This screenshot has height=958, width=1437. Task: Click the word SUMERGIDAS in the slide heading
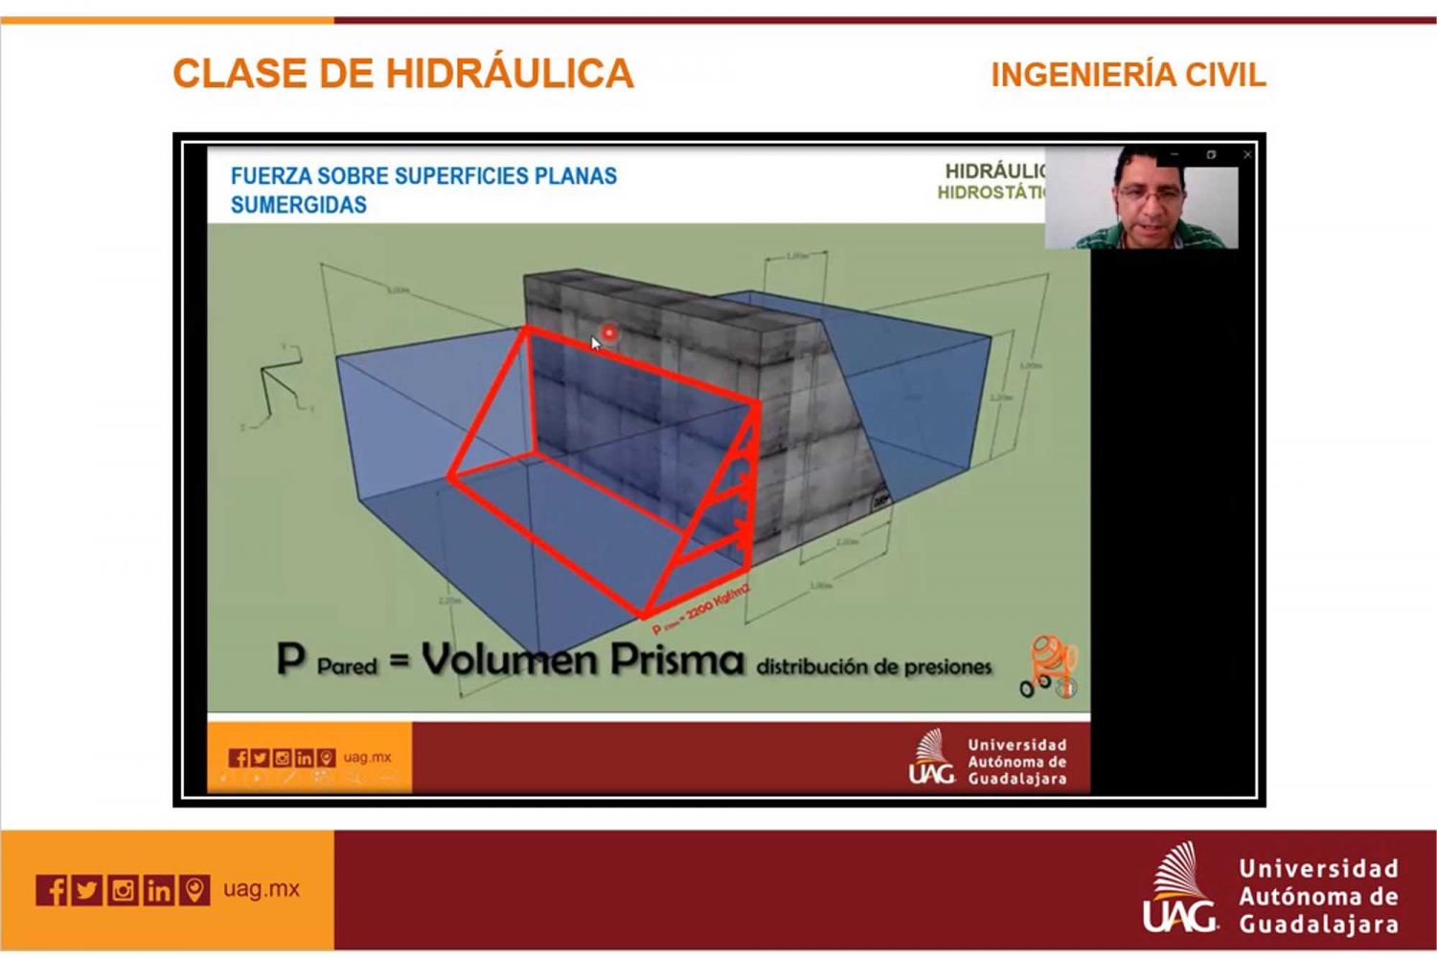click(298, 205)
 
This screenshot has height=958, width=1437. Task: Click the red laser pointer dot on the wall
click(608, 333)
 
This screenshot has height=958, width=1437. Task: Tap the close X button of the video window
click(1247, 154)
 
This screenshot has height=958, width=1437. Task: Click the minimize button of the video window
click(1175, 154)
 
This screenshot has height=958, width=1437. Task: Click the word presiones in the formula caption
click(945, 667)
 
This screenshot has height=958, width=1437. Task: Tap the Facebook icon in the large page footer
click(53, 890)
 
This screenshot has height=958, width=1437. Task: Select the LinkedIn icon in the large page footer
click(158, 890)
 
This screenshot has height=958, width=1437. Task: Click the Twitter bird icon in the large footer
click(87, 890)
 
